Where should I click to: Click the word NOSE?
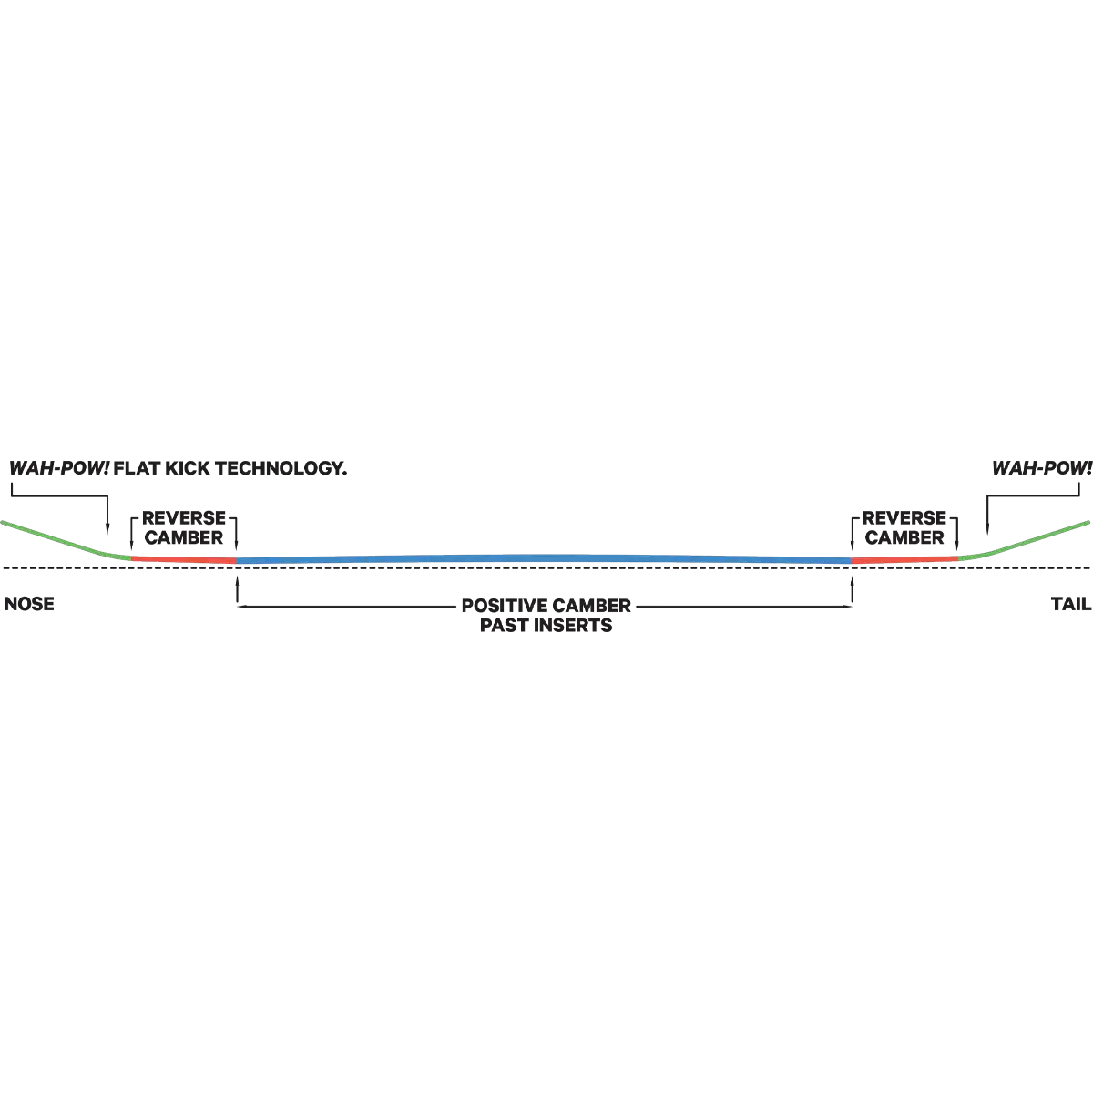click(x=29, y=604)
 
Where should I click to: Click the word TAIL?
click(x=1071, y=604)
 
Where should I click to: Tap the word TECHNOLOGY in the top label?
click(x=281, y=468)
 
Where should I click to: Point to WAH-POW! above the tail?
click(x=1042, y=468)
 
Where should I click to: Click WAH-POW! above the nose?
click(x=59, y=468)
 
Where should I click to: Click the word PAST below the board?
click(x=505, y=625)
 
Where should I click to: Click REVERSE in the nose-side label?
click(x=184, y=518)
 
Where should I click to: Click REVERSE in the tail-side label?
click(x=904, y=518)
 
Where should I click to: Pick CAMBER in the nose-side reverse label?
click(x=184, y=537)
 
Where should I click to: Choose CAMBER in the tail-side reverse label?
click(x=904, y=537)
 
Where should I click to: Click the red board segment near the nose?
click(x=184, y=560)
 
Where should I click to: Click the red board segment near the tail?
click(x=904, y=559)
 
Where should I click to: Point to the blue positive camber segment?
click(x=544, y=558)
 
